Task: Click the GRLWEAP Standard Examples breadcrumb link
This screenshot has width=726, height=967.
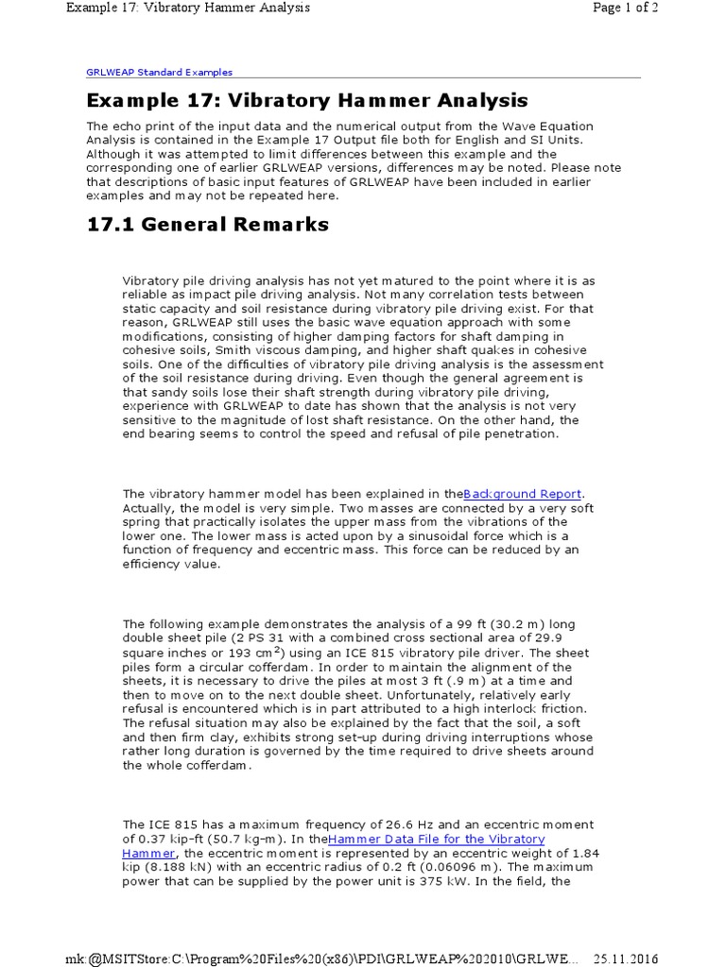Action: (x=159, y=72)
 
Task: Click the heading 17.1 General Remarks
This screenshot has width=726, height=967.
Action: (x=208, y=224)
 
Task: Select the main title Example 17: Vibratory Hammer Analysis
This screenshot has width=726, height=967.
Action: (x=307, y=100)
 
